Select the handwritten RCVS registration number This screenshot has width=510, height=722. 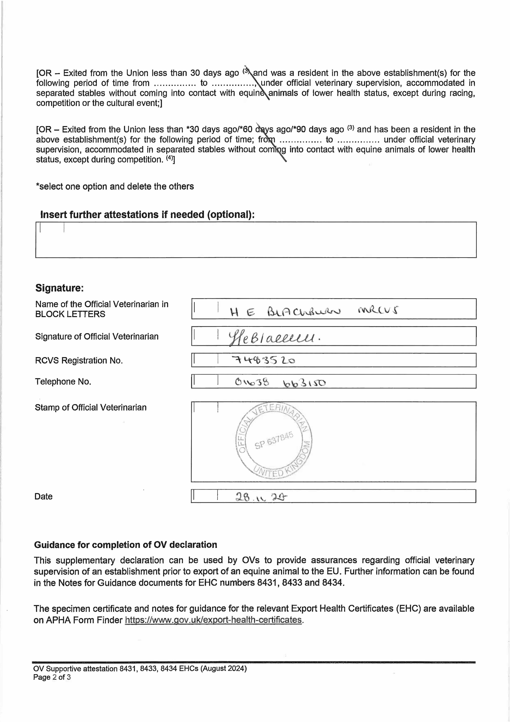coord(263,360)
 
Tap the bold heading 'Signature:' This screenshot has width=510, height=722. coord(59,288)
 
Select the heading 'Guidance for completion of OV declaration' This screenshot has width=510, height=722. coord(125,545)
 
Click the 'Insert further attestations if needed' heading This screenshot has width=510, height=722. coord(147,214)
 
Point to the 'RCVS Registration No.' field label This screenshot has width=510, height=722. coord(79,360)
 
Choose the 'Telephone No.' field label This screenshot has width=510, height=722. coord(63,382)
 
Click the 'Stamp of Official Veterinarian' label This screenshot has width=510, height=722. coord(90,407)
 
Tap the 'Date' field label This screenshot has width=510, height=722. coord(43,497)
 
